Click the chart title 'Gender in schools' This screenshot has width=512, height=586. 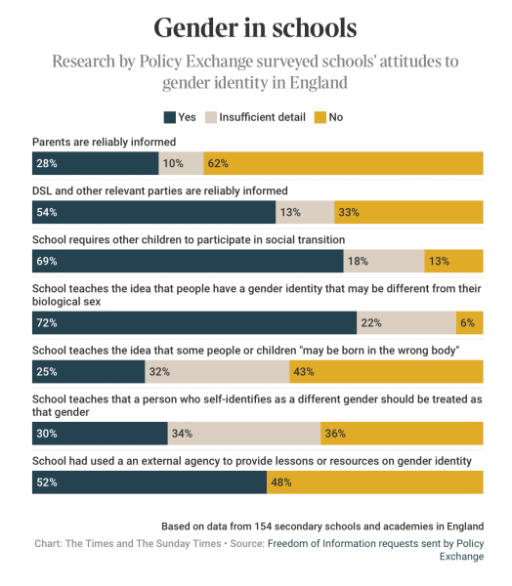(255, 26)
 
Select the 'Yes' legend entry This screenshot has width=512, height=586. (180, 117)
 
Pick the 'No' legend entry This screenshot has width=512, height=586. (327, 117)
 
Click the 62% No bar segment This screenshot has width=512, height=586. (343, 162)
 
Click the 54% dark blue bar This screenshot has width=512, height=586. (154, 212)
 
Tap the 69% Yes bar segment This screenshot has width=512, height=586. (188, 261)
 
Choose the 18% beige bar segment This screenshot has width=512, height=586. (384, 261)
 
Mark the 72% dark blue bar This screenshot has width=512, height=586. (194, 322)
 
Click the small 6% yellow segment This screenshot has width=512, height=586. (469, 322)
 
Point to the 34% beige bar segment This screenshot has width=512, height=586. (244, 433)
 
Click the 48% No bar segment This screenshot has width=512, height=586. (374, 481)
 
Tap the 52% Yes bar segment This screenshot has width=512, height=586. (149, 481)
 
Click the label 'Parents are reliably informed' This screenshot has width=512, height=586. (104, 142)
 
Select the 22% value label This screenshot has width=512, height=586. (370, 322)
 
